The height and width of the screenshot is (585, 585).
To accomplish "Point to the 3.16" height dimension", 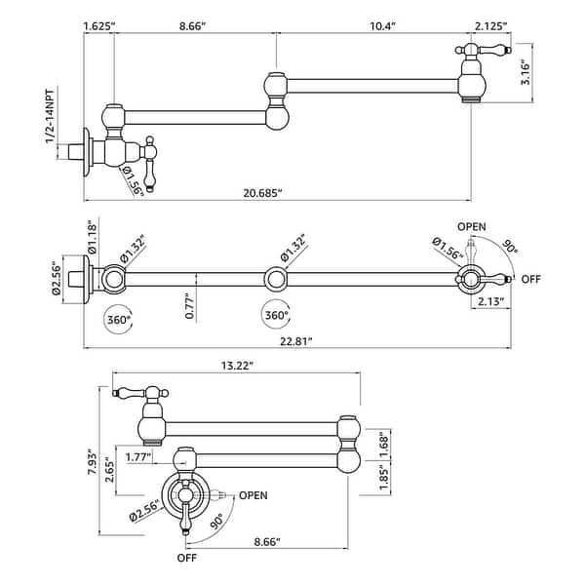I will click(525, 71).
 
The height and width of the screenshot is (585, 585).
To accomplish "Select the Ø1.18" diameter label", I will click(92, 237).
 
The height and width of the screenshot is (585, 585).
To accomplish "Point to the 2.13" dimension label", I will click(489, 303).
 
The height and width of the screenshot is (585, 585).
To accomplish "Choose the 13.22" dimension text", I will click(237, 367).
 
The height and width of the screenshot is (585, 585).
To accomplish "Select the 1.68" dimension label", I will click(386, 442).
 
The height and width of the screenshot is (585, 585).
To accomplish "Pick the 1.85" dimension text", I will click(386, 477).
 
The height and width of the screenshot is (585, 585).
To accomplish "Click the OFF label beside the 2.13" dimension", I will click(531, 279).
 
